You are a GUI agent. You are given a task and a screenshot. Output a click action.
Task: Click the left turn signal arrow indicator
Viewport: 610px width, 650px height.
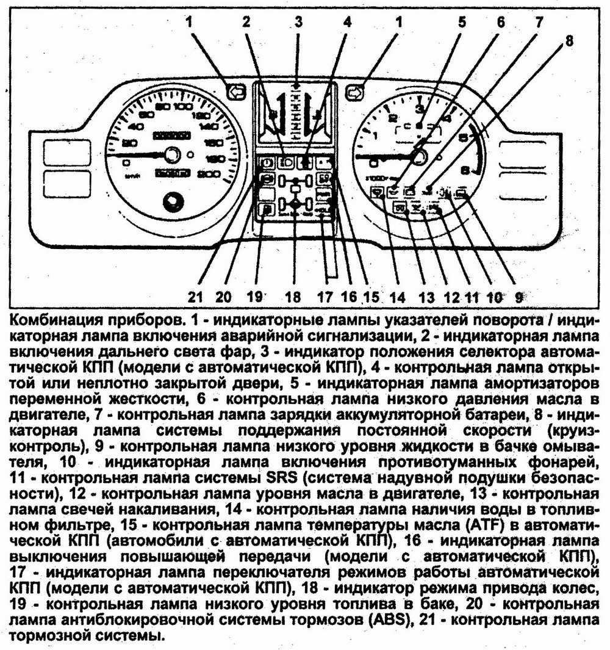(234, 92)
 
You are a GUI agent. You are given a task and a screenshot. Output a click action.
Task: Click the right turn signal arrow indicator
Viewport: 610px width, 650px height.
(353, 92)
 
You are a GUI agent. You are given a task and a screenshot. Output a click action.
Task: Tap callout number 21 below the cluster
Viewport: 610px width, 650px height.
(195, 297)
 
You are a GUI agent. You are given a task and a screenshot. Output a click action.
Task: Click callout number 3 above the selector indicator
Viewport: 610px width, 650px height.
(298, 23)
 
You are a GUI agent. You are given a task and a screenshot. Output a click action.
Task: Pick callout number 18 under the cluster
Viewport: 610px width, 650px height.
(292, 297)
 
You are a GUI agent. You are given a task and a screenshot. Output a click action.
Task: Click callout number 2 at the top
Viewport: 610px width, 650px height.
(246, 23)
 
